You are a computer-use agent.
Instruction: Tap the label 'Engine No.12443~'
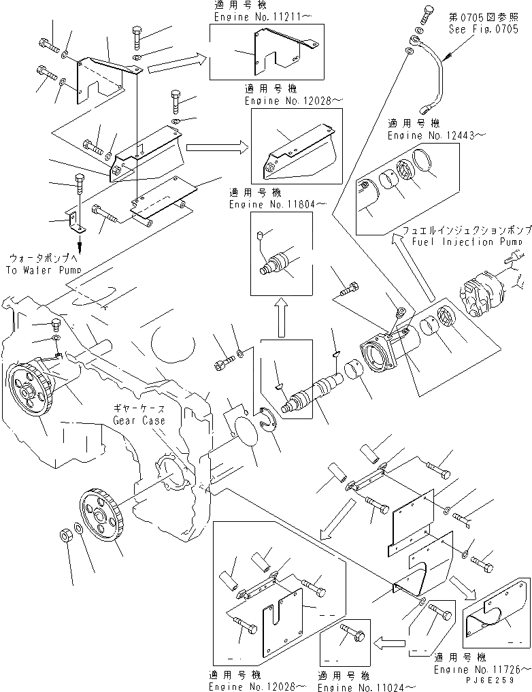(x=436, y=135)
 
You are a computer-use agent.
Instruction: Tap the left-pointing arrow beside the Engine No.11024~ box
(x=386, y=640)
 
